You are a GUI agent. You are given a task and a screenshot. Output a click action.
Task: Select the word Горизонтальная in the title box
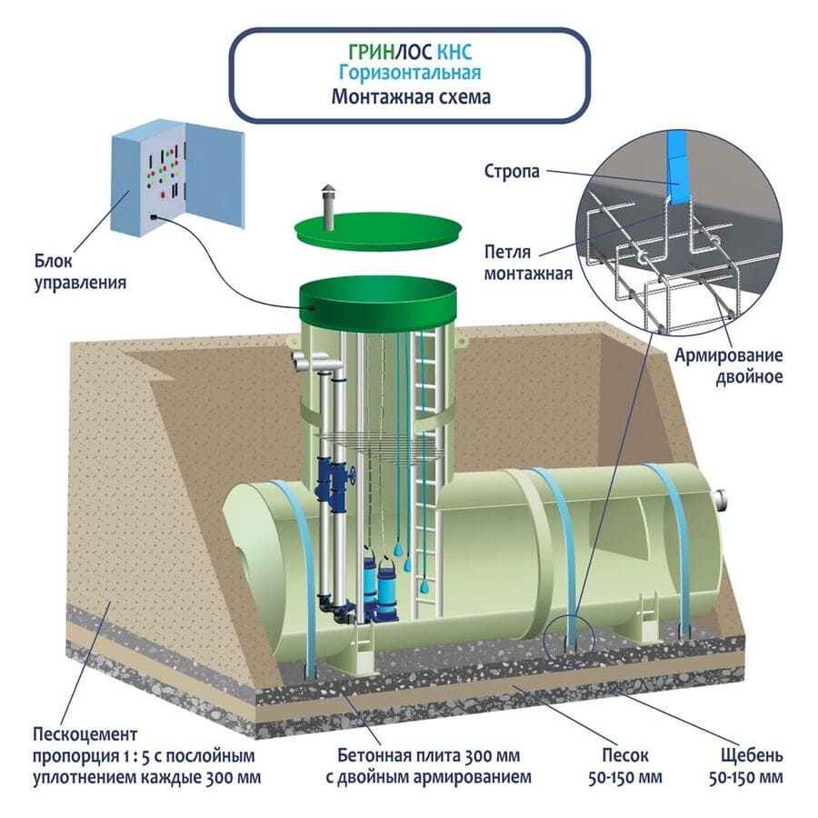[409, 73]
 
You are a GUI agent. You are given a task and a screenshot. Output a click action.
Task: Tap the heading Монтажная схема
[411, 96]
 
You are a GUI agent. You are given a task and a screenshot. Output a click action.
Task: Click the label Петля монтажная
[528, 261]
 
